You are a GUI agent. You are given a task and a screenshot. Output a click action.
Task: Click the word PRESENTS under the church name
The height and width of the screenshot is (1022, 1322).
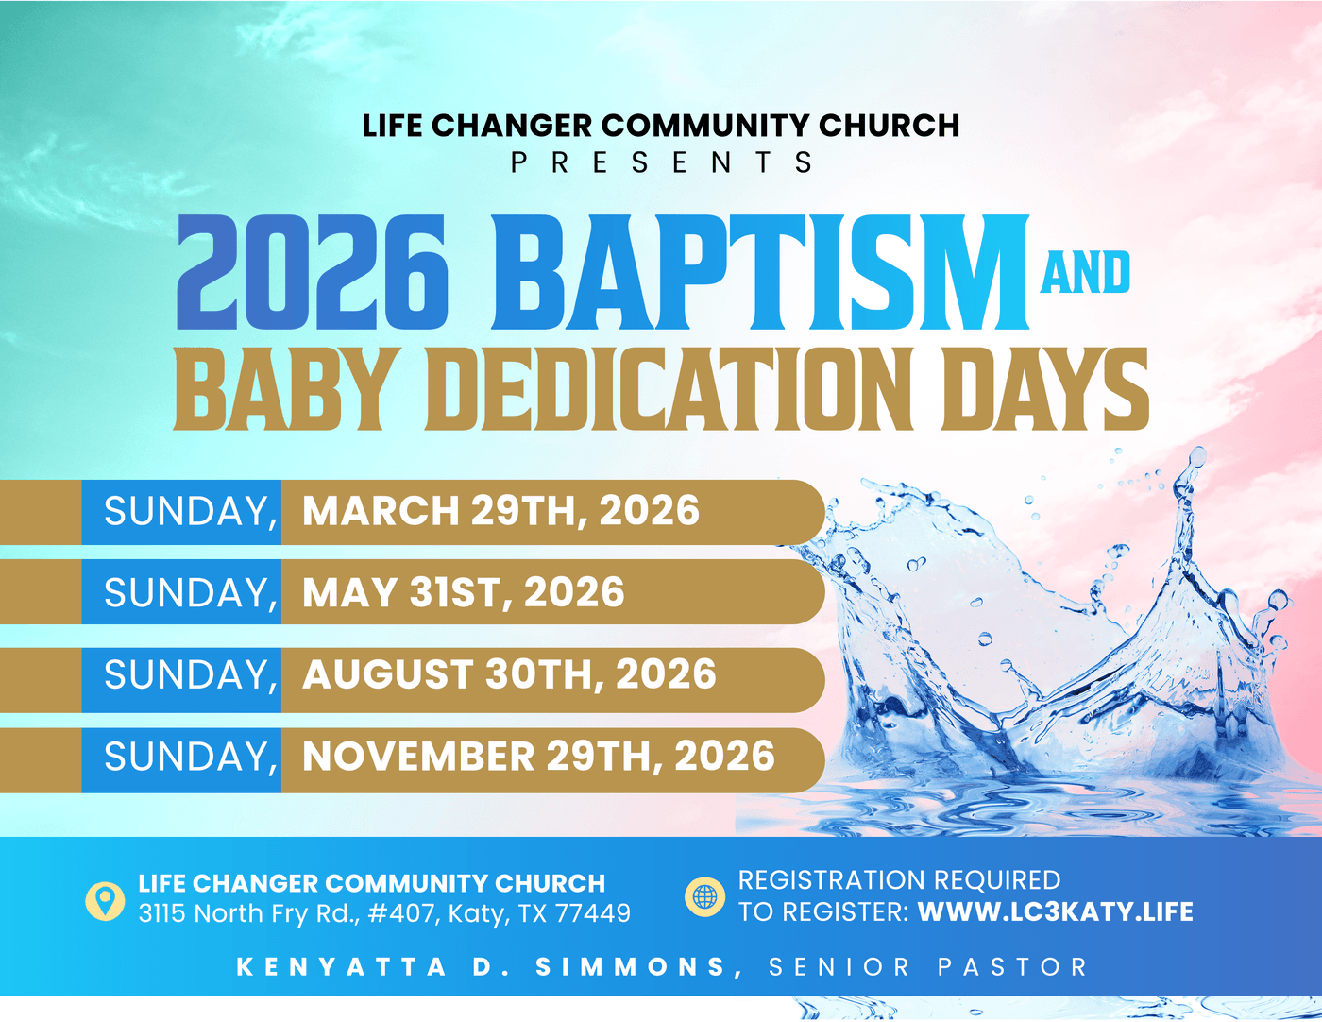pyautogui.click(x=661, y=162)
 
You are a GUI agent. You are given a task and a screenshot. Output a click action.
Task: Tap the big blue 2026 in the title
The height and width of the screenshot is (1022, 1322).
pyautogui.click(x=314, y=272)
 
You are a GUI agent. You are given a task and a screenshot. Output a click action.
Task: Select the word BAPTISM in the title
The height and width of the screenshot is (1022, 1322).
pyautogui.click(x=760, y=272)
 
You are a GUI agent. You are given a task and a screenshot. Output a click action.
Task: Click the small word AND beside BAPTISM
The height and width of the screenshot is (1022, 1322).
pyautogui.click(x=1085, y=273)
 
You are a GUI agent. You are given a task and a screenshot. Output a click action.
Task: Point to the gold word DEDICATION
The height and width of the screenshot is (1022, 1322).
pyautogui.click(x=670, y=389)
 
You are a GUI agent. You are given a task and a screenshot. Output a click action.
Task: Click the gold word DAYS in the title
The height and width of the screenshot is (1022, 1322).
pyautogui.click(x=1045, y=389)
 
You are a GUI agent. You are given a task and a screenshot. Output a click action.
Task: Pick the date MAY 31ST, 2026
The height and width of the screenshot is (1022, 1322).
pyautogui.click(x=464, y=592)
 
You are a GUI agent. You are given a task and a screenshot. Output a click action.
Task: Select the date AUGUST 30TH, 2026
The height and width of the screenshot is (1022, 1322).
pyautogui.click(x=509, y=674)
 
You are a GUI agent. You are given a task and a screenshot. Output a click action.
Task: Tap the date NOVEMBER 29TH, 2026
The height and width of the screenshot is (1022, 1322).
pyautogui.click(x=538, y=757)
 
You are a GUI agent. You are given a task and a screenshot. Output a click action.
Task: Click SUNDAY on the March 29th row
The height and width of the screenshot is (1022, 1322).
pyautogui.click(x=191, y=511)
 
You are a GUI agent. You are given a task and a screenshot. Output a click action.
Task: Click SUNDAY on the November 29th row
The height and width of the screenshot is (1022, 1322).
pyautogui.click(x=191, y=758)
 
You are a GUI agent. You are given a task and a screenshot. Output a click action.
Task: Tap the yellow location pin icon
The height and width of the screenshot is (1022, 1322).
pyautogui.click(x=105, y=901)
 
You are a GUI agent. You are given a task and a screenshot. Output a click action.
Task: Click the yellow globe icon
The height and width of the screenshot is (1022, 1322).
pyautogui.click(x=704, y=896)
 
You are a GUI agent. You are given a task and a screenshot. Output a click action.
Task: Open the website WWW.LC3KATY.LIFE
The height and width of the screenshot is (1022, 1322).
pyautogui.click(x=1056, y=912)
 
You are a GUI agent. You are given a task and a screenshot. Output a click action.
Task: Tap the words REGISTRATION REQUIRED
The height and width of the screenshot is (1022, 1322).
pyautogui.click(x=899, y=880)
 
